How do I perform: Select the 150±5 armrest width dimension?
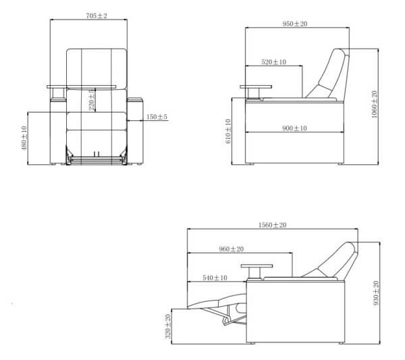157,118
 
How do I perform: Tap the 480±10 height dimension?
25,138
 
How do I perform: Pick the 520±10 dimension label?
273,62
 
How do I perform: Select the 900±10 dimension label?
294,127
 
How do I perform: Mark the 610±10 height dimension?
228,131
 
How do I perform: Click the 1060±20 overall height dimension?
375,104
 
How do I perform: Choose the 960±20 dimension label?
232,249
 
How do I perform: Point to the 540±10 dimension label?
215,277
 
